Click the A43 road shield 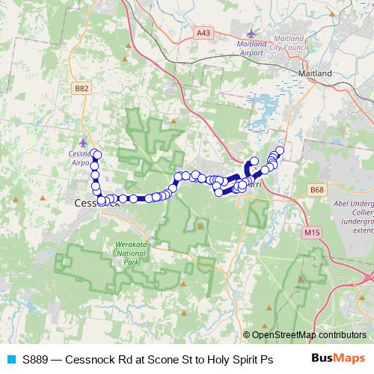[202, 32]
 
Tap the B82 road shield [82, 88]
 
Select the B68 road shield [316, 191]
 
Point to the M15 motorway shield [312, 233]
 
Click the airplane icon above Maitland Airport [251, 34]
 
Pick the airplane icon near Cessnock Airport [82, 141]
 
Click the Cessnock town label [92, 203]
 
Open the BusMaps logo [337, 359]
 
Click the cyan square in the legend [10, 359]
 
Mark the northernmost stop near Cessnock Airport [96, 153]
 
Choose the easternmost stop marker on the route [280, 150]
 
